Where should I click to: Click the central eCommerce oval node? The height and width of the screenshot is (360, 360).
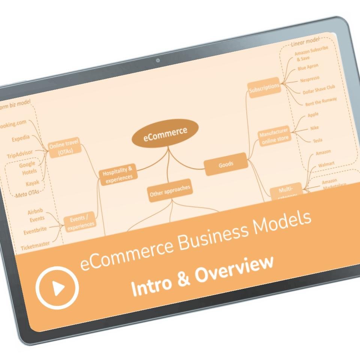[165, 133]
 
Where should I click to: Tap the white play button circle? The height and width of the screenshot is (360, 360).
[57, 287]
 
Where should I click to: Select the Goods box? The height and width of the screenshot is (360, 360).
[226, 164]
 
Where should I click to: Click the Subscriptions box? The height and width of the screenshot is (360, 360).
[264, 87]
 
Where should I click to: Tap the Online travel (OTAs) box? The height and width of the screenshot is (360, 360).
[65, 147]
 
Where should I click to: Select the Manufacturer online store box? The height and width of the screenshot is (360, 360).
[274, 135]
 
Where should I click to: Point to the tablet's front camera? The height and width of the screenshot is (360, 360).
[158, 60]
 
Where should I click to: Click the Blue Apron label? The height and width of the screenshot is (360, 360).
[308, 67]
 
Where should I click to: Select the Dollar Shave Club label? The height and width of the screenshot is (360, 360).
[319, 90]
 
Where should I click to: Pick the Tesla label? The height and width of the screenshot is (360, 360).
[317, 141]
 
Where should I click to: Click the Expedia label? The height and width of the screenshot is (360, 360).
[21, 138]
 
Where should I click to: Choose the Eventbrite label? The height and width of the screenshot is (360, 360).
[36, 231]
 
